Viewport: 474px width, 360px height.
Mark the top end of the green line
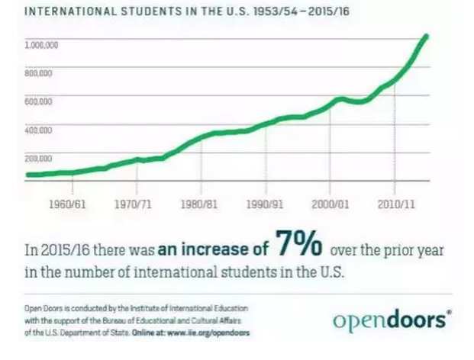coord(426,36)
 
